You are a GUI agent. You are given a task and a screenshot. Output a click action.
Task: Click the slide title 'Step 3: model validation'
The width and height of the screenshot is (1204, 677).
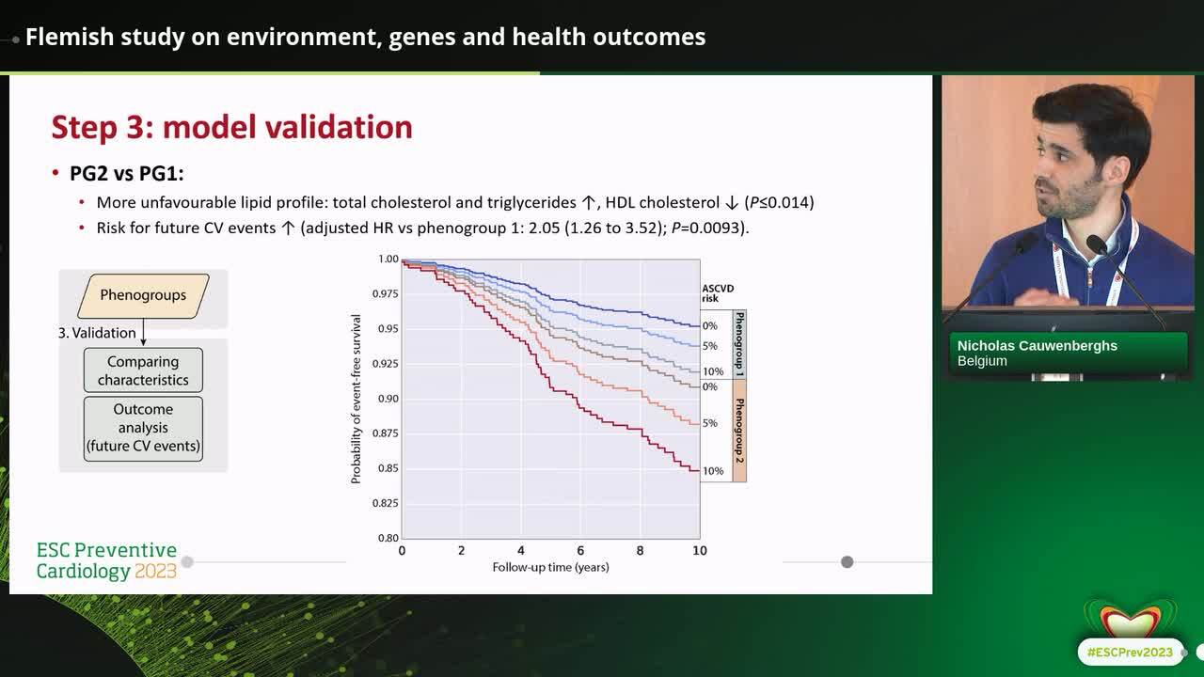click(231, 127)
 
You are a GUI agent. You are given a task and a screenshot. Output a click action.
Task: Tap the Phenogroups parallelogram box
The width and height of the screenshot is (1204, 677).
click(143, 295)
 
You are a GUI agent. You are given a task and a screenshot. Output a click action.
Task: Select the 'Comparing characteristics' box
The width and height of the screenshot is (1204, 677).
click(143, 370)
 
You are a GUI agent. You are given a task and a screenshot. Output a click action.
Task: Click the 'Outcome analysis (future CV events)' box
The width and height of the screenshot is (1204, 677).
click(143, 428)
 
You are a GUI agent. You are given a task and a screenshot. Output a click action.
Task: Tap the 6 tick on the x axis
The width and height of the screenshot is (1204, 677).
click(580, 551)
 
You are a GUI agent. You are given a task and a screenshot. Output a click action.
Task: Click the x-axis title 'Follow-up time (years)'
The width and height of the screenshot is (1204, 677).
click(550, 567)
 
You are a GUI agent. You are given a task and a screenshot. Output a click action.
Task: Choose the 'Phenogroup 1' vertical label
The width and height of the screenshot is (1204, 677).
click(739, 344)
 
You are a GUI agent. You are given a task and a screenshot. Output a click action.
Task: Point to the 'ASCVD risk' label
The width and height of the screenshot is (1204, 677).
click(717, 293)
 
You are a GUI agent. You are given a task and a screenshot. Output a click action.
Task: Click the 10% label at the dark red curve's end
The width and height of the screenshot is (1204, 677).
click(713, 471)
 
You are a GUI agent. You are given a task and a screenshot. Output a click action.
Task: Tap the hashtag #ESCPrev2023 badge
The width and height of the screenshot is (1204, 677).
click(1129, 652)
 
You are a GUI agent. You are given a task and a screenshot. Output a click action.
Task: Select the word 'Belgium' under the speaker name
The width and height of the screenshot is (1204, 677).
click(982, 361)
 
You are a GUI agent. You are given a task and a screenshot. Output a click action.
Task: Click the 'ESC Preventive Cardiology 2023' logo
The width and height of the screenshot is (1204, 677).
click(106, 560)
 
